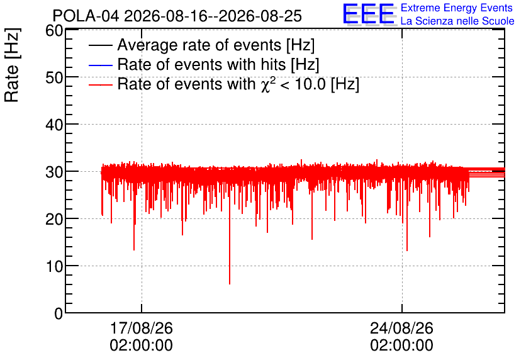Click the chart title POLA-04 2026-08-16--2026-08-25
click(x=177, y=16)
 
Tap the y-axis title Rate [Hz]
click(x=12, y=65)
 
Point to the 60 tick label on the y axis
click(x=54, y=31)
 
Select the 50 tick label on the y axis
click(x=54, y=77)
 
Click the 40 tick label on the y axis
click(x=54, y=125)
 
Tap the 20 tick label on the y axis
click(x=54, y=220)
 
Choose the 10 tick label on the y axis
click(x=54, y=267)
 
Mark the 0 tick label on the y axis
click(x=59, y=313)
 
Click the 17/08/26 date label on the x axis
click(x=141, y=328)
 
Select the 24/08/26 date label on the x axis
click(x=401, y=328)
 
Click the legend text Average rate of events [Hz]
click(x=216, y=45)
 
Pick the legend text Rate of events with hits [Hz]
click(x=218, y=64)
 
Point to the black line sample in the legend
click(x=100, y=45)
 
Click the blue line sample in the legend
click(x=100, y=65)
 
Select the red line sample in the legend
click(x=100, y=85)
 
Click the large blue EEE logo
click(x=369, y=14)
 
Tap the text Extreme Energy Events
click(x=457, y=8)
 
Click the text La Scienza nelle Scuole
click(x=457, y=21)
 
